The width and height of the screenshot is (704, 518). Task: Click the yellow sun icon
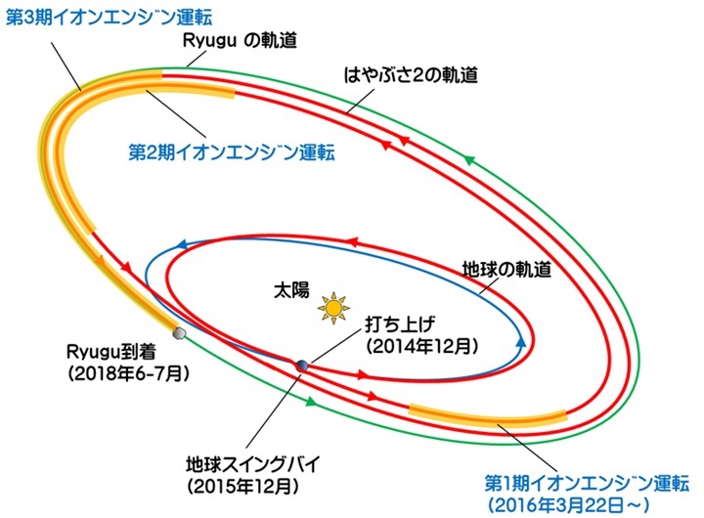[333, 308]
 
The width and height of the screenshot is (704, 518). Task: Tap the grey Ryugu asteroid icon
[180, 333]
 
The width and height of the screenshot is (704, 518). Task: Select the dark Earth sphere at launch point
[301, 366]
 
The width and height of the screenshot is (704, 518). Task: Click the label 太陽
[291, 290]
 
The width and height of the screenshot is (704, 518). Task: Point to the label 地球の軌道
[506, 270]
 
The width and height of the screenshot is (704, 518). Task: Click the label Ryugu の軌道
[240, 40]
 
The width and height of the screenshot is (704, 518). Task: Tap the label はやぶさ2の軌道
[411, 75]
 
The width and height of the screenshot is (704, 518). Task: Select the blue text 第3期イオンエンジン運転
[109, 18]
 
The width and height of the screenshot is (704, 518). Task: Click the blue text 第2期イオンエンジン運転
[232, 152]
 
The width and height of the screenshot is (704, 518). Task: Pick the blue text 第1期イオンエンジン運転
[587, 484]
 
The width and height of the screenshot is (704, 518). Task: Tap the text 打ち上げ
[400, 324]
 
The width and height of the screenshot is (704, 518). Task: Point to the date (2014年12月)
[422, 346]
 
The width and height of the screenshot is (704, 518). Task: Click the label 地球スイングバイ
[253, 464]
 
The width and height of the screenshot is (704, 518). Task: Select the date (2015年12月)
[243, 487]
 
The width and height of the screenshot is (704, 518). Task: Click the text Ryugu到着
[110, 353]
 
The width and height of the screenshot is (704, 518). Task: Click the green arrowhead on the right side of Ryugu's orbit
[468, 160]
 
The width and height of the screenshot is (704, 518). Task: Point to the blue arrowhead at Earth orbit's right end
[521, 343]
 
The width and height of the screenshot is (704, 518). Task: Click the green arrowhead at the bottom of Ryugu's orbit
[311, 402]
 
